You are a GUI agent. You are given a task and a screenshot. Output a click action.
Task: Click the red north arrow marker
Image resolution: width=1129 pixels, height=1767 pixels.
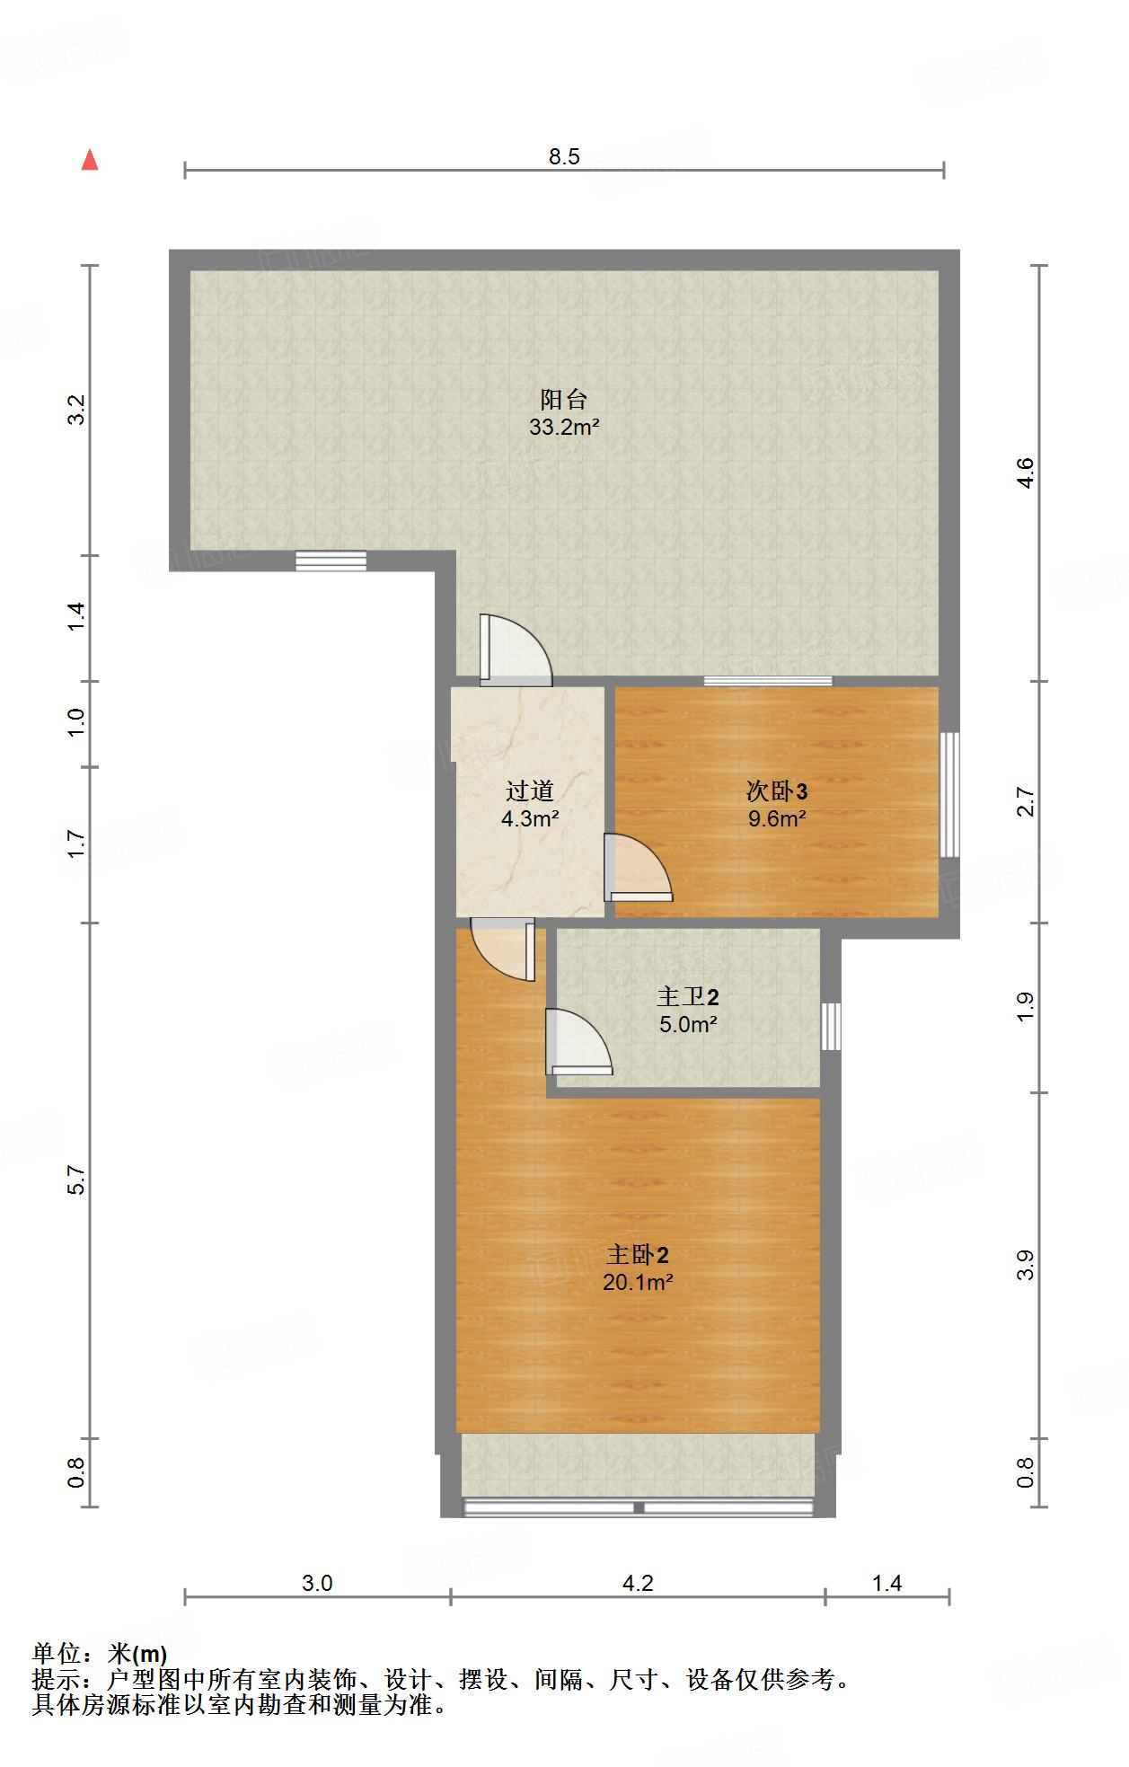(90, 161)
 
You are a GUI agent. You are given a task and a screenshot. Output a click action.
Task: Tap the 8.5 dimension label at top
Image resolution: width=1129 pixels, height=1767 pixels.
(564, 157)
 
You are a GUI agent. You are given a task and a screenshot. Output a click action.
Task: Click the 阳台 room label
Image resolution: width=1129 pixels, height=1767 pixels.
(563, 399)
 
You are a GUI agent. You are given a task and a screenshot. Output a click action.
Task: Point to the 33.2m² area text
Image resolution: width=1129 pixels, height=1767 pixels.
(563, 428)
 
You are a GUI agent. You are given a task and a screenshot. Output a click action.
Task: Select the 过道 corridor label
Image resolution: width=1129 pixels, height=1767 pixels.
(529, 791)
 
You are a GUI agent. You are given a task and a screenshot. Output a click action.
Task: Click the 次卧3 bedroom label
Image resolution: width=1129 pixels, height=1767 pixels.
(777, 791)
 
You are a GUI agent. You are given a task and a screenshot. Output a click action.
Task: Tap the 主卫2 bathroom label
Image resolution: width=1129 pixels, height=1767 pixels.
(688, 997)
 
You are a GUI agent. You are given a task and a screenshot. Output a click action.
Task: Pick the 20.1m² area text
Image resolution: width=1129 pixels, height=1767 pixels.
(638, 1283)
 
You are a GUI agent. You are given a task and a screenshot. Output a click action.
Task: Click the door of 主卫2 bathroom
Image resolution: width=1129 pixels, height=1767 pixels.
(578, 1042)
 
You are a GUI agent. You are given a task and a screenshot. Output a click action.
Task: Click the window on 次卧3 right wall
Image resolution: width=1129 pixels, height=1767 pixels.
(949, 795)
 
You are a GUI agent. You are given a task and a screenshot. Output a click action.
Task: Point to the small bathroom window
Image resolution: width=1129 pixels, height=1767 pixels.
(832, 1026)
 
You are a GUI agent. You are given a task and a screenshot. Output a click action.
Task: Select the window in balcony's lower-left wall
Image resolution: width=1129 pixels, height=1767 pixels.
(331, 561)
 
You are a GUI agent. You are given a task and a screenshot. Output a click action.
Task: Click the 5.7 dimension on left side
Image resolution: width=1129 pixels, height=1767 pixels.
(76, 1180)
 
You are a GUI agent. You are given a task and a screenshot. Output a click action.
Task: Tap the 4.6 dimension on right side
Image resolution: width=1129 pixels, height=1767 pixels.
(1026, 473)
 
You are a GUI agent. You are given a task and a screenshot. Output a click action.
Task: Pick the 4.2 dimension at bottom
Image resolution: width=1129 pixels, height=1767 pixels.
(638, 1584)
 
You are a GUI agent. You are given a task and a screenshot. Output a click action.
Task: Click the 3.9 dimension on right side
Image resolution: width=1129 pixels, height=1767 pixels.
(1026, 1265)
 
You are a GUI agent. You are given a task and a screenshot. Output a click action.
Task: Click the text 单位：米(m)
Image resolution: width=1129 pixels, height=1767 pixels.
(100, 1654)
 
